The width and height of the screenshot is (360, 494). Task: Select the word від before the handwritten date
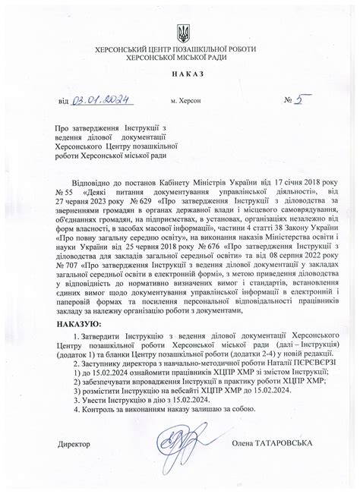[62, 100]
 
